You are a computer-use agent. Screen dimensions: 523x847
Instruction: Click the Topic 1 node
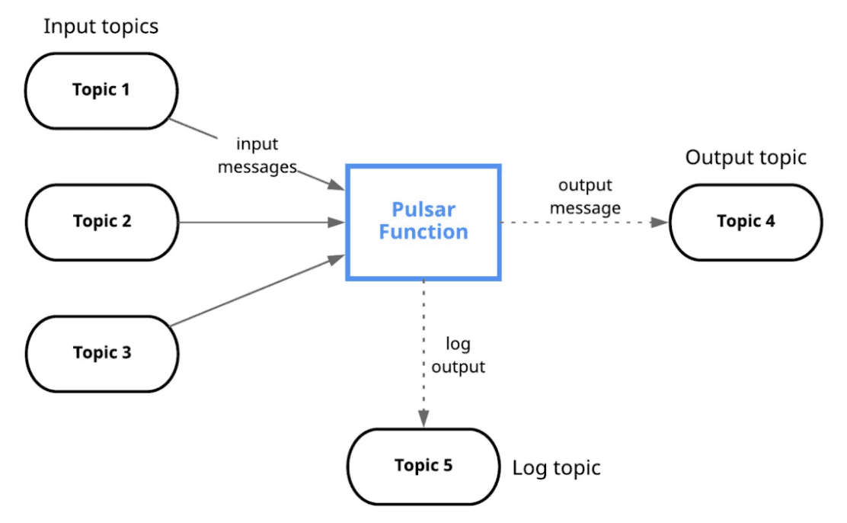pyautogui.click(x=101, y=90)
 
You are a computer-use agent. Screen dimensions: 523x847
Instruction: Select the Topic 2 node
pyautogui.click(x=101, y=222)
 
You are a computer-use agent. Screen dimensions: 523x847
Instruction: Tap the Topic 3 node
pyautogui.click(x=101, y=353)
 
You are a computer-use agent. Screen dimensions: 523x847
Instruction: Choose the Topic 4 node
pyautogui.click(x=746, y=222)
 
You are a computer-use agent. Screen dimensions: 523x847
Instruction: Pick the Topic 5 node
pyautogui.click(x=423, y=466)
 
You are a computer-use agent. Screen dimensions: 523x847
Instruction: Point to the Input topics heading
pyautogui.click(x=101, y=27)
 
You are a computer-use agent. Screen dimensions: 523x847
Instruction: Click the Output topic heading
pyautogui.click(x=745, y=158)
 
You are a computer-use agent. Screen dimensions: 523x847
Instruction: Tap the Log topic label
pyautogui.click(x=556, y=467)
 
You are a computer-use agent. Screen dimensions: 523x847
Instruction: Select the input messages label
pyautogui.click(x=257, y=156)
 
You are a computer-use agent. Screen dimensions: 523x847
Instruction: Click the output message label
pyautogui.click(x=585, y=197)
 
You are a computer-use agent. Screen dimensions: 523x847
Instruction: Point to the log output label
pyautogui.click(x=458, y=356)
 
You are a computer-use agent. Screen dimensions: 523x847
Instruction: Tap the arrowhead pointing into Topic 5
pyautogui.click(x=423, y=420)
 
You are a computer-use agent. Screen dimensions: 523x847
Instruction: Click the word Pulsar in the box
pyautogui.click(x=423, y=210)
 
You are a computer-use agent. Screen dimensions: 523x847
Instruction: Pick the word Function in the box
pyautogui.click(x=423, y=232)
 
